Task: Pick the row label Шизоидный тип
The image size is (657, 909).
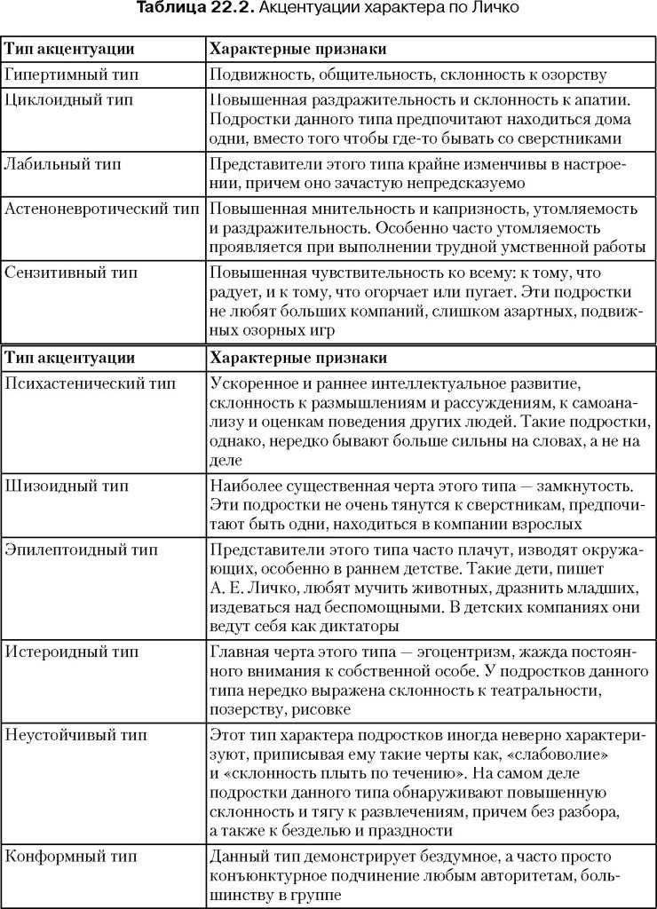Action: point(67,486)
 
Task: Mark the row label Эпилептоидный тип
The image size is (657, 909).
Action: point(81,549)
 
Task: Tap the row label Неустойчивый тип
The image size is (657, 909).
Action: point(76,735)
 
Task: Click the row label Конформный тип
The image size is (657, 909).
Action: point(72,856)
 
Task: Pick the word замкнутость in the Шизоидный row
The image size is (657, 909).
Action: point(586,486)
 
